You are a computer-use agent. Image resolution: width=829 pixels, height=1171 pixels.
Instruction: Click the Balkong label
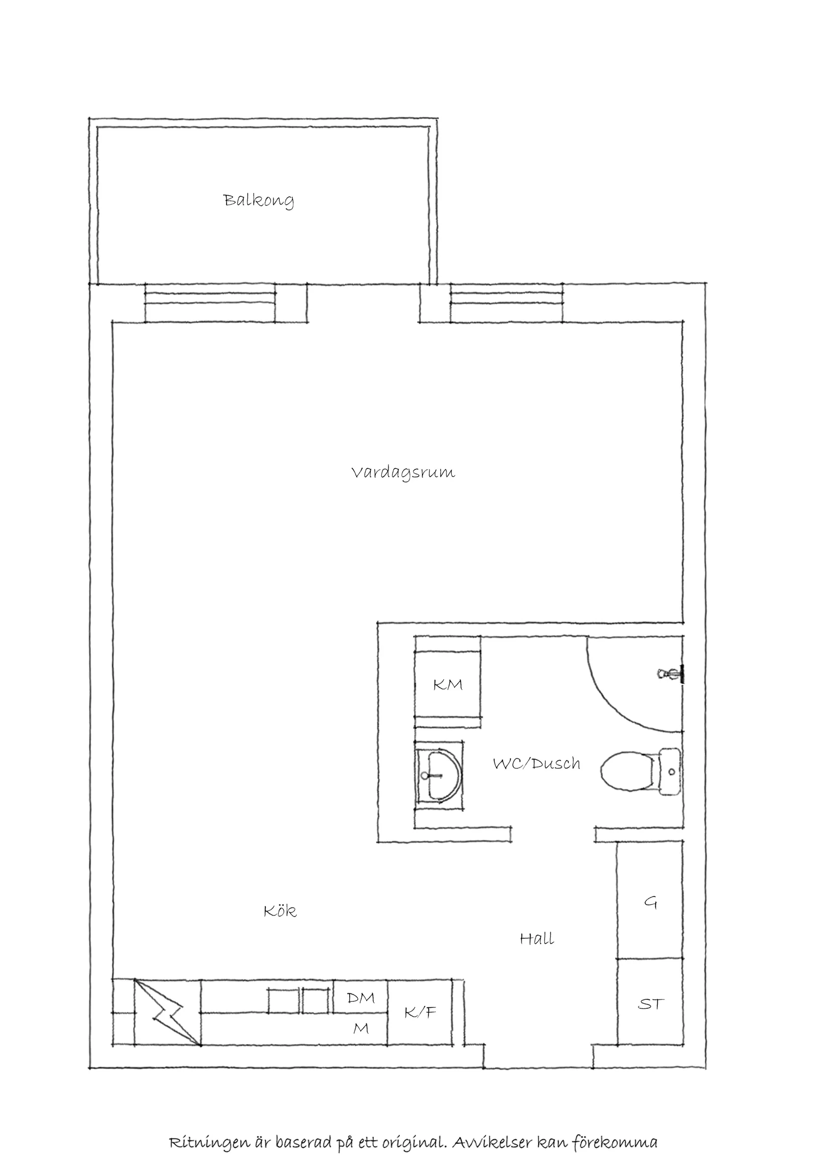click(x=259, y=200)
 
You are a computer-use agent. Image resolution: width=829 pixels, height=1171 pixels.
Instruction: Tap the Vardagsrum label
click(x=403, y=473)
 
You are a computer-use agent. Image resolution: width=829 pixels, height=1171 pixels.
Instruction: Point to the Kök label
click(x=280, y=911)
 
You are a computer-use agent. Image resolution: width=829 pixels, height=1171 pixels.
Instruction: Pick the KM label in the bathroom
click(x=448, y=685)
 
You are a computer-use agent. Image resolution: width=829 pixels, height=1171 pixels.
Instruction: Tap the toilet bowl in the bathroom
click(x=627, y=771)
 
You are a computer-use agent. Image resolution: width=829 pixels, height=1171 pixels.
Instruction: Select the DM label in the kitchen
click(x=361, y=998)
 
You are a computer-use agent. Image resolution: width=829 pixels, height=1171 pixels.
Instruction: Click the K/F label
click(x=420, y=1012)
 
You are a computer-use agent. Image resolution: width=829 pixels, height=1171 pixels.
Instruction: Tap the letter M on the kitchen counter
click(x=361, y=1028)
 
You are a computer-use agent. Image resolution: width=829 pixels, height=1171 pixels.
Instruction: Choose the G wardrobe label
click(x=650, y=903)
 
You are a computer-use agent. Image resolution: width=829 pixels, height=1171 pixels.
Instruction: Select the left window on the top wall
click(x=210, y=303)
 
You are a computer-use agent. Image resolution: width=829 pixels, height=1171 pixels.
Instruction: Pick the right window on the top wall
click(x=506, y=303)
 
